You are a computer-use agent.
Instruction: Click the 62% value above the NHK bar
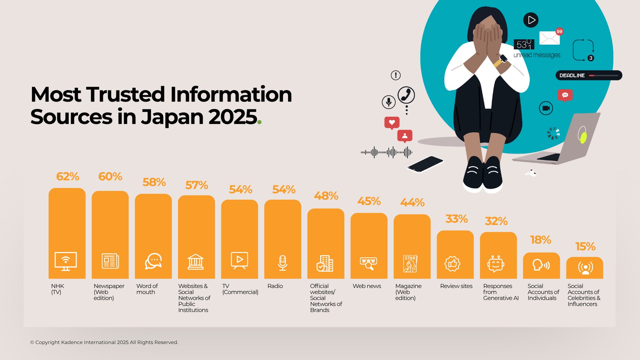click(x=67, y=176)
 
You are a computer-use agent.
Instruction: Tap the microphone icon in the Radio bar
click(x=282, y=263)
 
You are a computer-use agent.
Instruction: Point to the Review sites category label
click(x=456, y=286)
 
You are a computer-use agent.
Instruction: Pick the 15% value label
click(x=585, y=247)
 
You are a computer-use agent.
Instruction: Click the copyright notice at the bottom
click(x=104, y=342)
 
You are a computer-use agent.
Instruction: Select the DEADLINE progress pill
click(x=589, y=75)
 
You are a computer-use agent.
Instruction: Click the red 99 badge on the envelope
click(x=559, y=32)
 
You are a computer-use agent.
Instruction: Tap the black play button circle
click(x=531, y=20)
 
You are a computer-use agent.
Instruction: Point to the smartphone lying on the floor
click(x=425, y=164)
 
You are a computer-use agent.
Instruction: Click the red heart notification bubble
click(x=392, y=122)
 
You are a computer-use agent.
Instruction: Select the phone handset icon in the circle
click(x=406, y=95)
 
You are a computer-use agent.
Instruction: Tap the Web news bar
click(x=369, y=234)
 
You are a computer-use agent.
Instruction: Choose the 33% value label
click(x=456, y=219)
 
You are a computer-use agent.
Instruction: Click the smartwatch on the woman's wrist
click(x=503, y=59)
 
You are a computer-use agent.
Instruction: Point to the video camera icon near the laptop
click(x=546, y=108)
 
